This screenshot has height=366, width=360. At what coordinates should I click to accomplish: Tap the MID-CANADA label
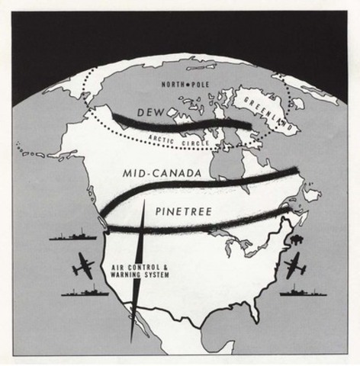point(162,175)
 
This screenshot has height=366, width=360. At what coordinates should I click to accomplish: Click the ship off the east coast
point(303,291)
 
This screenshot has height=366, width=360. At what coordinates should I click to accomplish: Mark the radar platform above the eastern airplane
point(294,240)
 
